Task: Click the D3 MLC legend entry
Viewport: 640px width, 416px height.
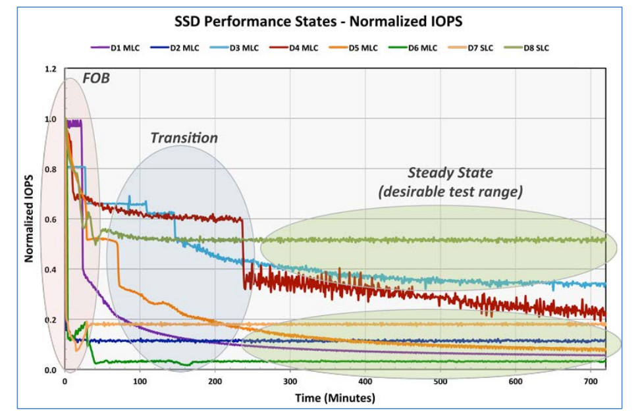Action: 244,47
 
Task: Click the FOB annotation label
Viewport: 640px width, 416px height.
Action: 95,80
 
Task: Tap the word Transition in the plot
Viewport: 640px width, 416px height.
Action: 184,138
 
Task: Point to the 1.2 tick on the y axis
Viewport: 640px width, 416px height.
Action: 51,69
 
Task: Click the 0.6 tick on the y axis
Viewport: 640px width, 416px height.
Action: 51,220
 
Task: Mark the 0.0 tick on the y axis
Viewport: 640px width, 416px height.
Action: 51,370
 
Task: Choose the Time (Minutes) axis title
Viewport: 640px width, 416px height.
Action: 336,398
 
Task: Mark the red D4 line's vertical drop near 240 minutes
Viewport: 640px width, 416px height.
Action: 244,250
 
